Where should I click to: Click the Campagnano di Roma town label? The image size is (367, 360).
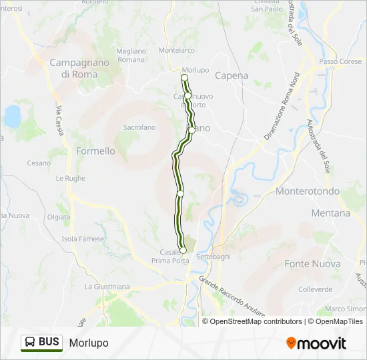click(73, 69)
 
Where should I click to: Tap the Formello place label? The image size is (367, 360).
click(95, 151)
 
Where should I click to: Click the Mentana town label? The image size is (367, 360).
click(330, 213)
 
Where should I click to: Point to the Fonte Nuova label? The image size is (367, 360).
click(312, 264)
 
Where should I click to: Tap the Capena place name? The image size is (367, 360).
click(232, 76)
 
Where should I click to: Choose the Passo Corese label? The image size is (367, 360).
click(340, 61)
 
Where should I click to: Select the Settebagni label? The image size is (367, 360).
click(213, 256)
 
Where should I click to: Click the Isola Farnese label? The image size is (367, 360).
click(83, 239)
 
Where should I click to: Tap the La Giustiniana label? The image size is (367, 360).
click(107, 287)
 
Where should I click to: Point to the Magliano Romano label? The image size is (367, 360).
click(131, 55)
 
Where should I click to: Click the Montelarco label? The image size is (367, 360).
click(177, 50)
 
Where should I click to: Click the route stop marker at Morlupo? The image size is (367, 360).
click(185, 78)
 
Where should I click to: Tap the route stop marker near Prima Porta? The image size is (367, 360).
click(183, 251)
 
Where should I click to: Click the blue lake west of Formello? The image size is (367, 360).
click(13, 116)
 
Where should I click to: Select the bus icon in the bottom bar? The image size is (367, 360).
click(31, 342)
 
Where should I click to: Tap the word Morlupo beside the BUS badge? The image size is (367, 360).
click(88, 343)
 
